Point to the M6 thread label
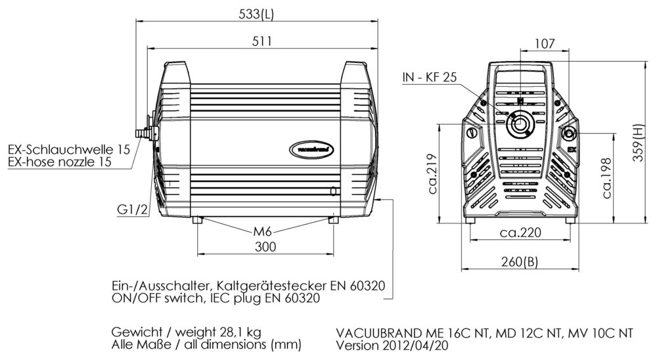[263, 231]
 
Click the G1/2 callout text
[131, 210]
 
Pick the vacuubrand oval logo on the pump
[313, 150]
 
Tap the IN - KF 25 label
[430, 78]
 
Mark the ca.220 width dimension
[520, 233]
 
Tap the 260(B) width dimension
[519, 261]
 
